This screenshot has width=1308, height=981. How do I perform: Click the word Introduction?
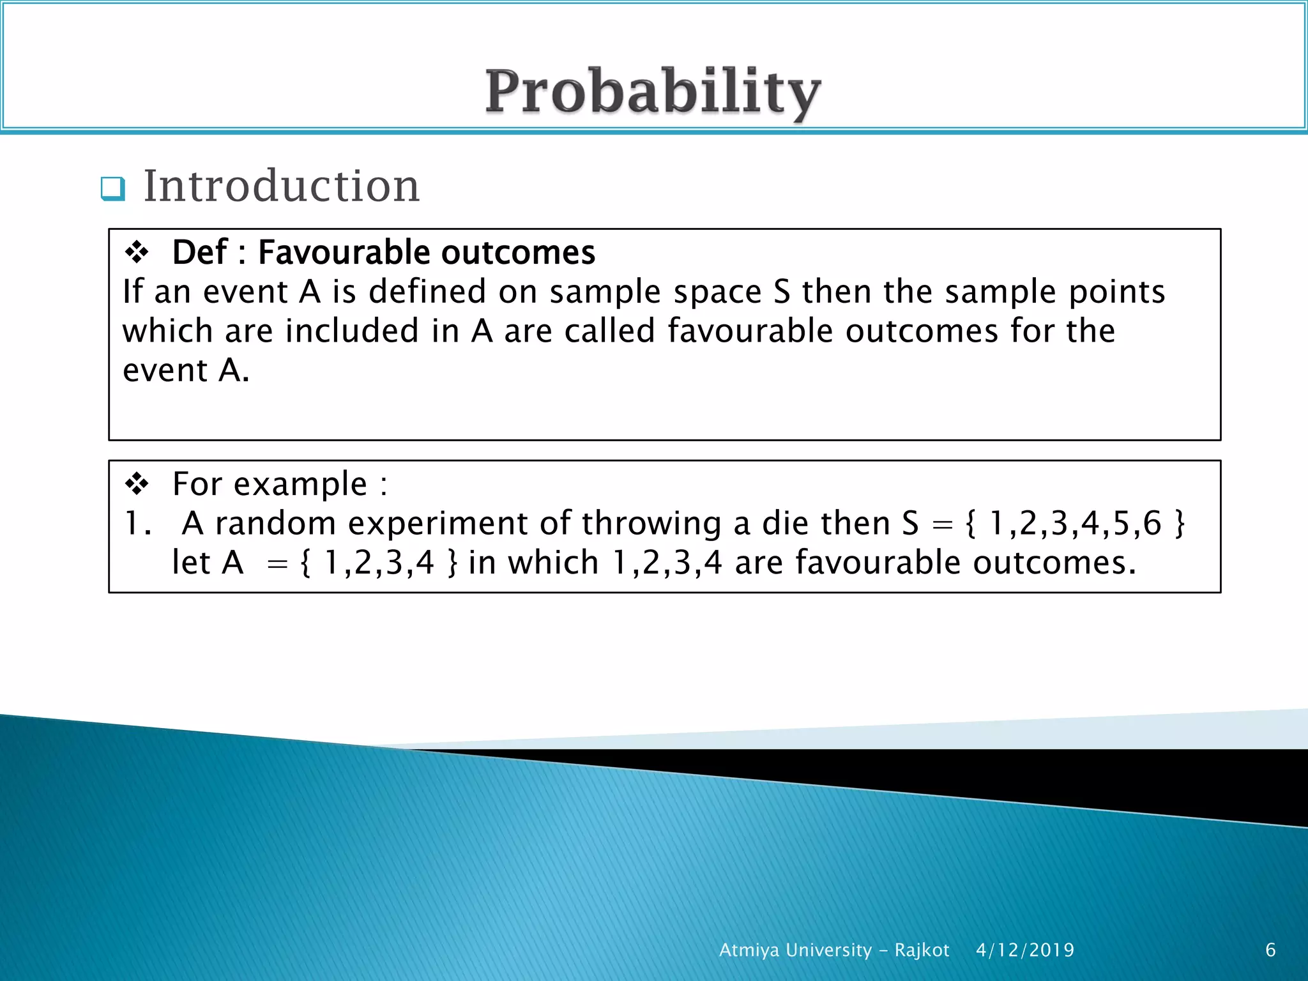tap(281, 186)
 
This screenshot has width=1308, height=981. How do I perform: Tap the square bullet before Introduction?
tap(113, 189)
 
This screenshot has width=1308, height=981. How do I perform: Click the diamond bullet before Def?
tap(137, 252)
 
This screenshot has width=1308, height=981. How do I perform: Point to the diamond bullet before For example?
tap(137, 483)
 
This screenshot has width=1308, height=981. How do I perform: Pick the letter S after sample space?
tap(782, 292)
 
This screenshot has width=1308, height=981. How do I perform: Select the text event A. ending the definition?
tap(186, 370)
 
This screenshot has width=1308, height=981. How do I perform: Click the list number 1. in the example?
tap(137, 524)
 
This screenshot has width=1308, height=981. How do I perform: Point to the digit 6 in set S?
tap(1152, 524)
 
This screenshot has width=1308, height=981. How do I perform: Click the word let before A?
tap(191, 563)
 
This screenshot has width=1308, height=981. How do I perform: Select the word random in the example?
tap(275, 524)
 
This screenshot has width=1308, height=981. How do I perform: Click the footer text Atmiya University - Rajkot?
tap(834, 950)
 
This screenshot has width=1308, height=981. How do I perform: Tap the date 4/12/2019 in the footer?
tap(1025, 950)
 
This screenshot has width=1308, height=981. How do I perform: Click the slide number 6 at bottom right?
tap(1270, 950)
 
